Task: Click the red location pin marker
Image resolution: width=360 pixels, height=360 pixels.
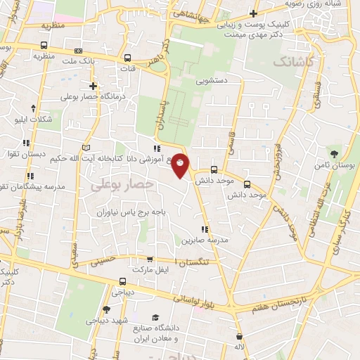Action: (x=181, y=166)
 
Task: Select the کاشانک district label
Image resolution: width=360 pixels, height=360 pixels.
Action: (x=290, y=62)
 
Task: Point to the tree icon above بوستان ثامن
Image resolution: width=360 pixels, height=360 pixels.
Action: (x=333, y=153)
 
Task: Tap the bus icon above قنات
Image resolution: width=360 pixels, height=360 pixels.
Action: (x=127, y=58)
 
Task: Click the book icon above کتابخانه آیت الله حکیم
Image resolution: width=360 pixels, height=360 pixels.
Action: (x=86, y=148)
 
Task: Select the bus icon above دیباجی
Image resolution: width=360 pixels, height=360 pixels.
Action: (x=113, y=281)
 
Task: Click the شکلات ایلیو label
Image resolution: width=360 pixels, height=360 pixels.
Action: (x=34, y=120)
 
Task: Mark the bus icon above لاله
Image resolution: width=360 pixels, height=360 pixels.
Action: (x=240, y=337)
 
